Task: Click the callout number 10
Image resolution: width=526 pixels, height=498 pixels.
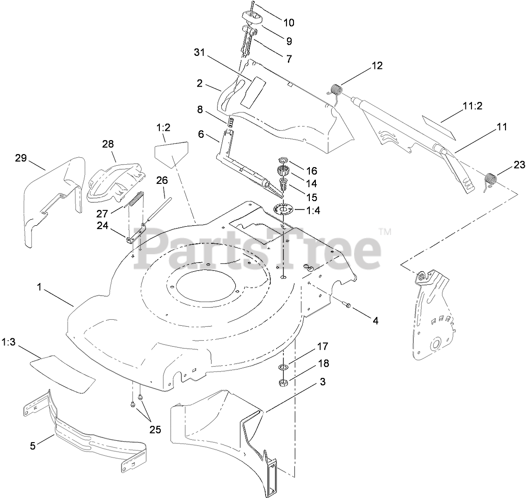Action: coord(288,22)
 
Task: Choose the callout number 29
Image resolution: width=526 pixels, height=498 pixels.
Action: coord(20,158)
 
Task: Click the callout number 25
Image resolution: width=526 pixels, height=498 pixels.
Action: coord(155,430)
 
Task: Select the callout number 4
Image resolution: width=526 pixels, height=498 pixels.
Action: coord(375,320)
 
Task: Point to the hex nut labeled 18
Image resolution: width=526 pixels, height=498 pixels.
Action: coord(283,383)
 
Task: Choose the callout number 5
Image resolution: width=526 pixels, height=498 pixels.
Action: coord(33,445)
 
